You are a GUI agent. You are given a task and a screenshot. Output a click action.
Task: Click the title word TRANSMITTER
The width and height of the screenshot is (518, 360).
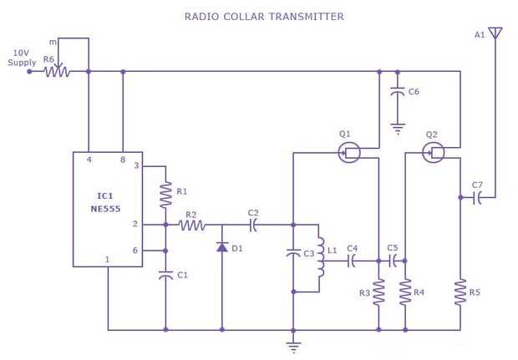301,17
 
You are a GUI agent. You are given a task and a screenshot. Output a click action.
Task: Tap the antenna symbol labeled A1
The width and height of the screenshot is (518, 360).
495,33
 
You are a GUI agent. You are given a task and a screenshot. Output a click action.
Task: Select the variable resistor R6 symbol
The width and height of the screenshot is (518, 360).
58,72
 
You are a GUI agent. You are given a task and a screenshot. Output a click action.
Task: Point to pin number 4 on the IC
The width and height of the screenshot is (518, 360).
88,160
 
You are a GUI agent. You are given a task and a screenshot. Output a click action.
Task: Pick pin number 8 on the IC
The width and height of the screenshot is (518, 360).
123,160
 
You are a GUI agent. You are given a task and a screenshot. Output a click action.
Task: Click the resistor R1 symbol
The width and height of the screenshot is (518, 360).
165,194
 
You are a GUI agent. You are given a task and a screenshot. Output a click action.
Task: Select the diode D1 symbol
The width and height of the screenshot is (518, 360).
221,247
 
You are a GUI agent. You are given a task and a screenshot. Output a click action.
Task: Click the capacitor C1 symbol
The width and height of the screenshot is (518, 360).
165,274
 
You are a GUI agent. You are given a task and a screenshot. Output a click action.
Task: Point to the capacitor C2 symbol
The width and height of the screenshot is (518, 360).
253,225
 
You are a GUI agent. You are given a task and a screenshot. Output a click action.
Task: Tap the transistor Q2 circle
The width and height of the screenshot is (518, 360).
432,152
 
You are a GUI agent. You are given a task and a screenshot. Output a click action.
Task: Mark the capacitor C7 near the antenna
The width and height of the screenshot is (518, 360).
478,198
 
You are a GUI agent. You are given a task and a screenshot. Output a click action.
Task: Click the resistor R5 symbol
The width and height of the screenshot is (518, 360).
459,292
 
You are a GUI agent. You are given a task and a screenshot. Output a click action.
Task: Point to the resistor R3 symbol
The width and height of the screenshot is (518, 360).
378,292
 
